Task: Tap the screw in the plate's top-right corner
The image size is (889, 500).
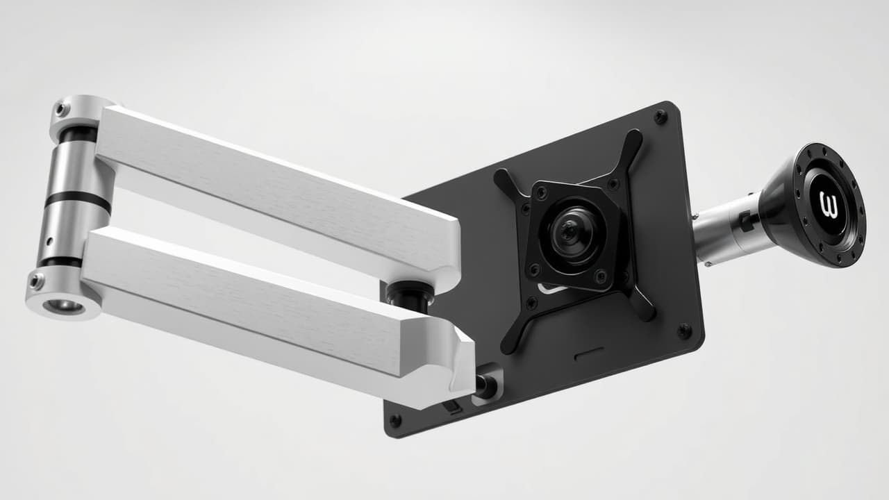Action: (660, 117)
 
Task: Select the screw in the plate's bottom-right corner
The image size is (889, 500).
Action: (684, 331)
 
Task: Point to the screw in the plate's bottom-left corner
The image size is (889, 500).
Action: (395, 421)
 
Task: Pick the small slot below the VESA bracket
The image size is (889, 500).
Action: (588, 357)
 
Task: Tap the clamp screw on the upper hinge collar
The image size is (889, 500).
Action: (61, 109)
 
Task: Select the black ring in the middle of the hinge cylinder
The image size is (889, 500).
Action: (77, 199)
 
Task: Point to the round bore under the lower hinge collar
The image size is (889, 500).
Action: (63, 306)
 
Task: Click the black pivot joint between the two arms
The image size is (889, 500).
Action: (410, 295)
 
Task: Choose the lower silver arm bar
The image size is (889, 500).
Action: (264, 306)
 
